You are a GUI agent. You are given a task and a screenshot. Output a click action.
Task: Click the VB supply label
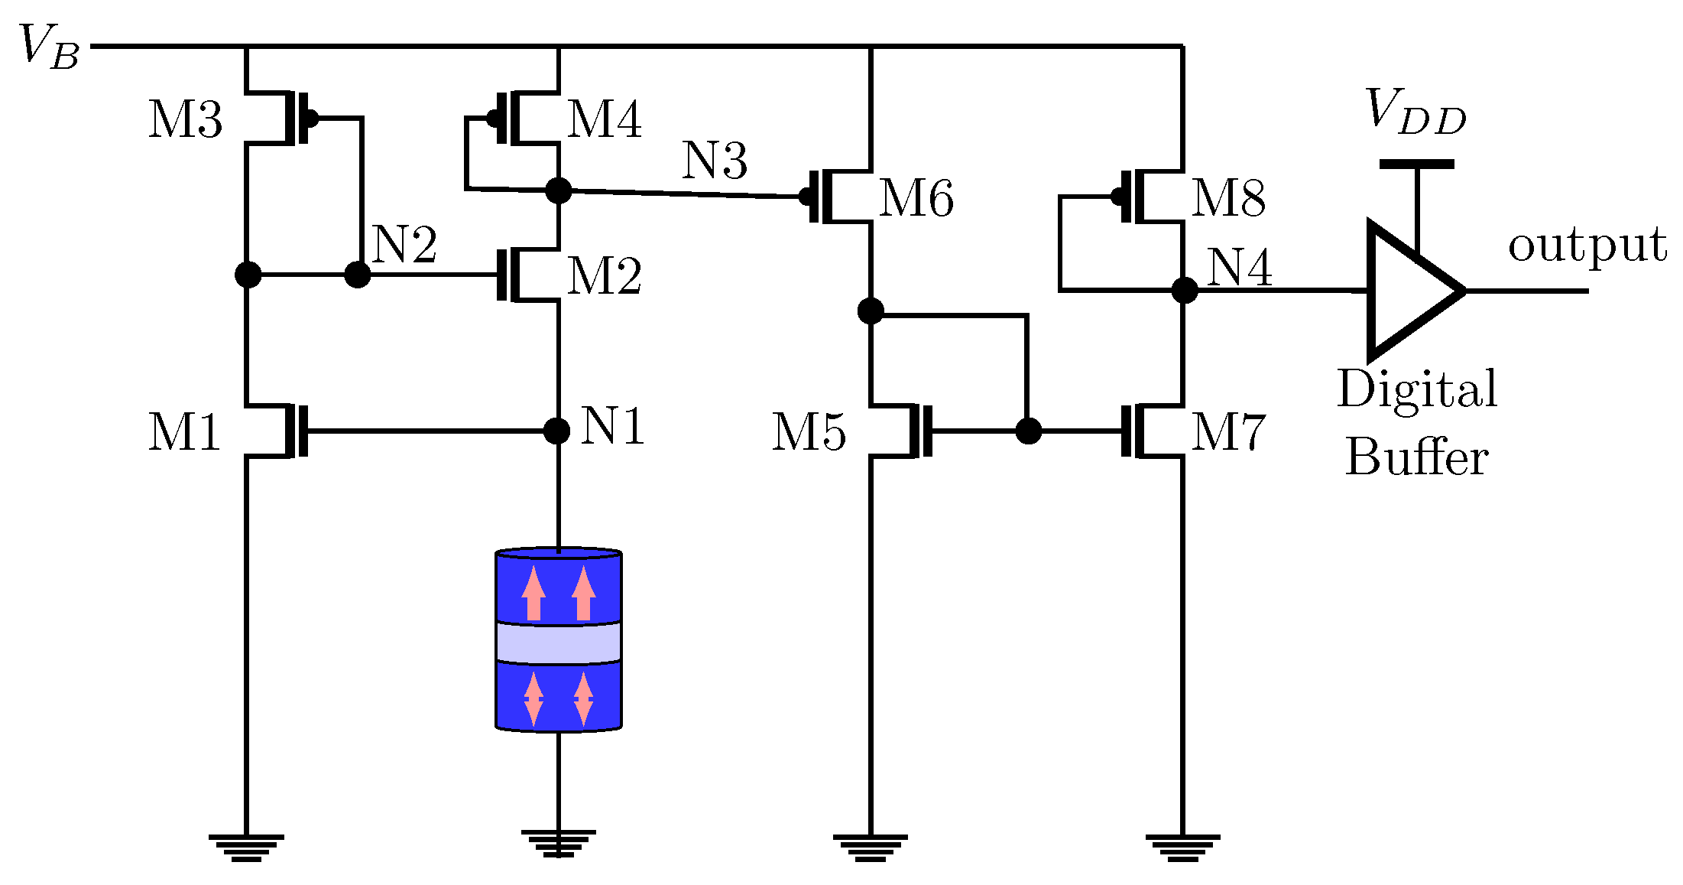pyautogui.click(x=49, y=47)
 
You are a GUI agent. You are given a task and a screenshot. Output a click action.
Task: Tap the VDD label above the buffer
pyautogui.click(x=1415, y=112)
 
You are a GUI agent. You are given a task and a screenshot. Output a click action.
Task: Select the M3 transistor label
pyautogui.click(x=185, y=119)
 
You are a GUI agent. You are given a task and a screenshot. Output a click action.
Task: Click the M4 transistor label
pyautogui.click(x=604, y=119)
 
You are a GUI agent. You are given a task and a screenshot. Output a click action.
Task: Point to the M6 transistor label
pyautogui.click(x=916, y=198)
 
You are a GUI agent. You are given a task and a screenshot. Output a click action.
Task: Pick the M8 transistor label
pyautogui.click(x=1228, y=198)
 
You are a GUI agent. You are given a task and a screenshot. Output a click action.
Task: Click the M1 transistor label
pyautogui.click(x=184, y=432)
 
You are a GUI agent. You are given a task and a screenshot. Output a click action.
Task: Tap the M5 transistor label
pyautogui.click(x=809, y=432)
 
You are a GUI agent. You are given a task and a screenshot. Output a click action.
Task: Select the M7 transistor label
pyautogui.click(x=1228, y=432)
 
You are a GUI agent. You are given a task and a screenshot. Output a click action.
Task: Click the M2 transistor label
pyautogui.click(x=604, y=276)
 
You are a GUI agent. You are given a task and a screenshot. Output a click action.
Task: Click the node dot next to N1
pyautogui.click(x=557, y=431)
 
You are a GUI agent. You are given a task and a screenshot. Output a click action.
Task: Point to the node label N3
pyautogui.click(x=714, y=161)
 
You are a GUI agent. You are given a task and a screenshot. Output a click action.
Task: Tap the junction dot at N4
pyautogui.click(x=1184, y=291)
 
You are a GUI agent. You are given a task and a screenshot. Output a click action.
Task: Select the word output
pyautogui.click(x=1587, y=246)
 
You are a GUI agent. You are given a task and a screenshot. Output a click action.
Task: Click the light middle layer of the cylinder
pyautogui.click(x=558, y=643)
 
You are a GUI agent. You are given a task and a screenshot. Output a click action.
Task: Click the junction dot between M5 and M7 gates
pyautogui.click(x=1029, y=431)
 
